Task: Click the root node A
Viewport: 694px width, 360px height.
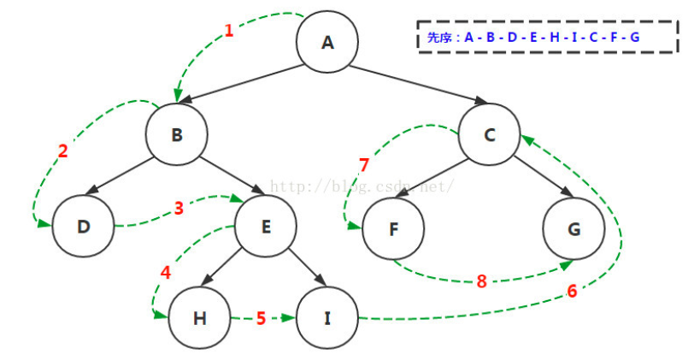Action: coord(327,41)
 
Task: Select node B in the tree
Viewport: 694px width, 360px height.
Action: coord(176,134)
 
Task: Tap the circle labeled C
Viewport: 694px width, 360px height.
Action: coord(489,134)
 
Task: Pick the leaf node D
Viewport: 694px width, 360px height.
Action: coord(83,227)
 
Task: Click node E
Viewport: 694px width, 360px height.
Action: coord(265,227)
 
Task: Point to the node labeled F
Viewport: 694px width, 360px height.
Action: coord(392,229)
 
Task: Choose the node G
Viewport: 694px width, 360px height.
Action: coord(573,229)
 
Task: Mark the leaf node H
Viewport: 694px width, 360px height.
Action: coord(199,319)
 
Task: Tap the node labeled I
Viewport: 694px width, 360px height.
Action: coord(327,319)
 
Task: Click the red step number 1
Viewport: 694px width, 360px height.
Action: coord(228,31)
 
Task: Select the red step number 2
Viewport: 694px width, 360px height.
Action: coord(62,151)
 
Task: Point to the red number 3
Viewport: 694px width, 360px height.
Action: coord(179,208)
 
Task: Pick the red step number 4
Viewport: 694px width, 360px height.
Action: coord(165,274)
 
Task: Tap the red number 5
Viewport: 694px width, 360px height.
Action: coord(262,319)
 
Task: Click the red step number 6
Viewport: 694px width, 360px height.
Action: coord(572,291)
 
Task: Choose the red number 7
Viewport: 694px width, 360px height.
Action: coord(364,164)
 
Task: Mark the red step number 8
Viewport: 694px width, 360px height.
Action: coord(481,281)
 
